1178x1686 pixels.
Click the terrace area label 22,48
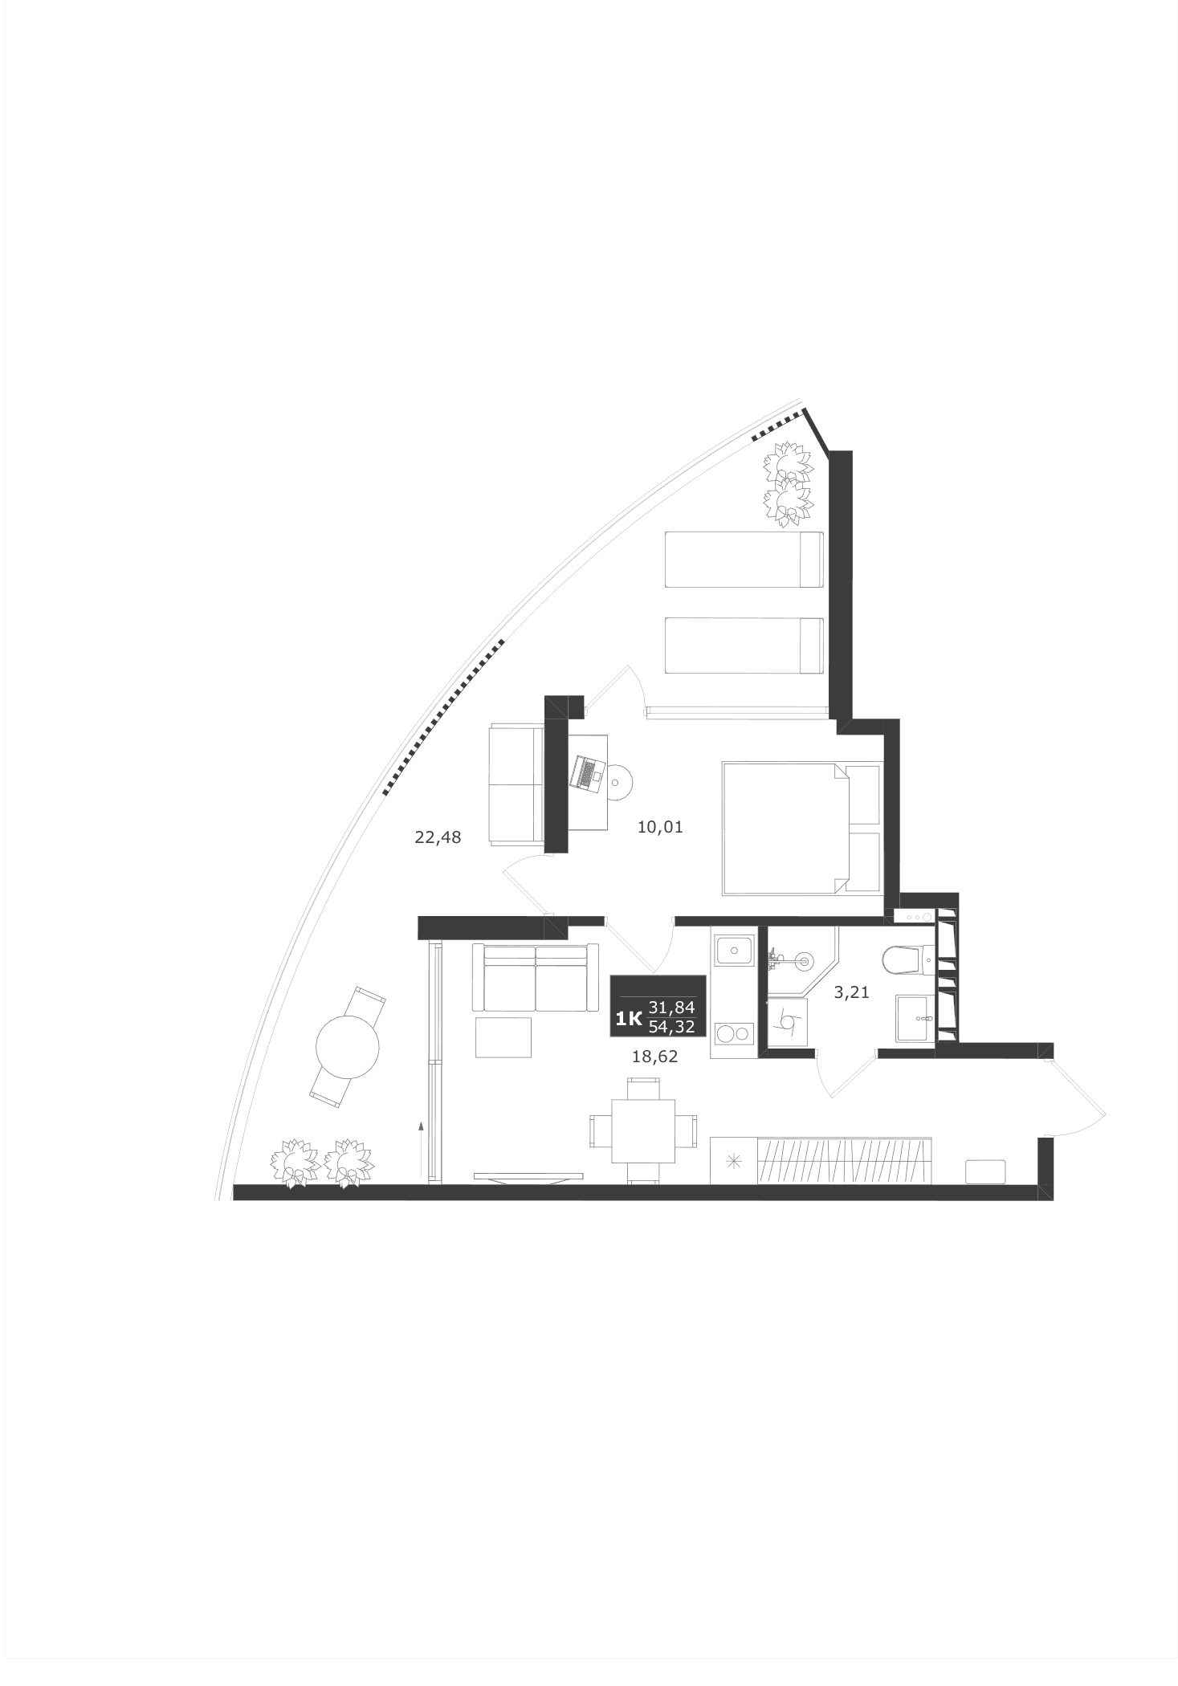pyautogui.click(x=438, y=837)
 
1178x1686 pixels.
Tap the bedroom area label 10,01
pyautogui.click(x=659, y=827)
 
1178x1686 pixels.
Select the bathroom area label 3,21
pyautogui.click(x=851, y=992)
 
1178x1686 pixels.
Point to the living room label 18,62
pyautogui.click(x=654, y=1057)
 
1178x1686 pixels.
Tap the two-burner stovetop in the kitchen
pyautogui.click(x=733, y=1033)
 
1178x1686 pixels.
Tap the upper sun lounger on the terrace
pyautogui.click(x=744, y=559)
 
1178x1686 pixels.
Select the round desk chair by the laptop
pyautogui.click(x=618, y=781)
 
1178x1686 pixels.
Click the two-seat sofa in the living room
pyautogui.click(x=535, y=978)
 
